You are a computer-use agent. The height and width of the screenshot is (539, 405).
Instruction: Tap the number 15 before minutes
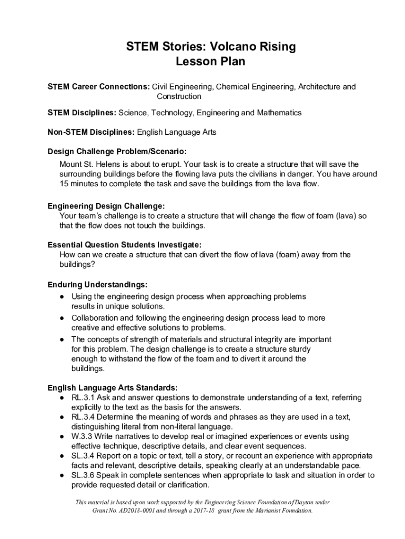pyautogui.click(x=64, y=184)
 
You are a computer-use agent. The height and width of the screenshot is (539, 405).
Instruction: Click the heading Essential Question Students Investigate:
pyautogui.click(x=125, y=245)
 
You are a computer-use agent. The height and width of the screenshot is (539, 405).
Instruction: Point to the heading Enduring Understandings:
pyautogui.click(x=97, y=285)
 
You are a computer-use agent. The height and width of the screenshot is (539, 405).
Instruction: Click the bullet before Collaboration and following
pyautogui.click(x=62, y=318)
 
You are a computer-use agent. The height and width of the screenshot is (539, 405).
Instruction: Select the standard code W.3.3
pyautogui.click(x=82, y=436)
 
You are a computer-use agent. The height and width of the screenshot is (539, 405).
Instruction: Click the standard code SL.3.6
pyautogui.click(x=83, y=475)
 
